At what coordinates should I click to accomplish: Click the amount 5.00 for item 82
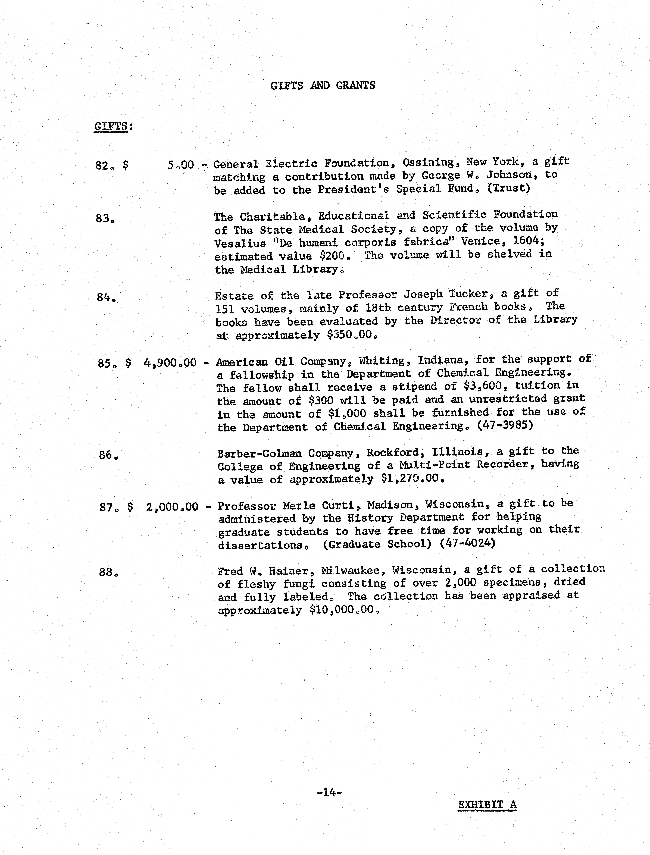(x=181, y=165)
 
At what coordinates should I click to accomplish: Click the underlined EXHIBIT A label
(x=487, y=805)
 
